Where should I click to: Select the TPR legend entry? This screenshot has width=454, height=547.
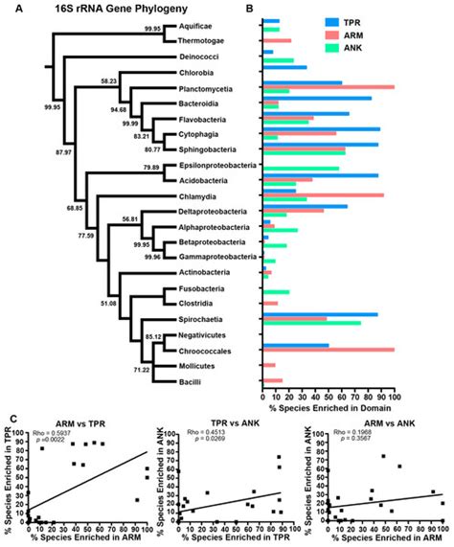pos(376,18)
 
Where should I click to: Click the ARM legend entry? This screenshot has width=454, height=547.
pos(376,31)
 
